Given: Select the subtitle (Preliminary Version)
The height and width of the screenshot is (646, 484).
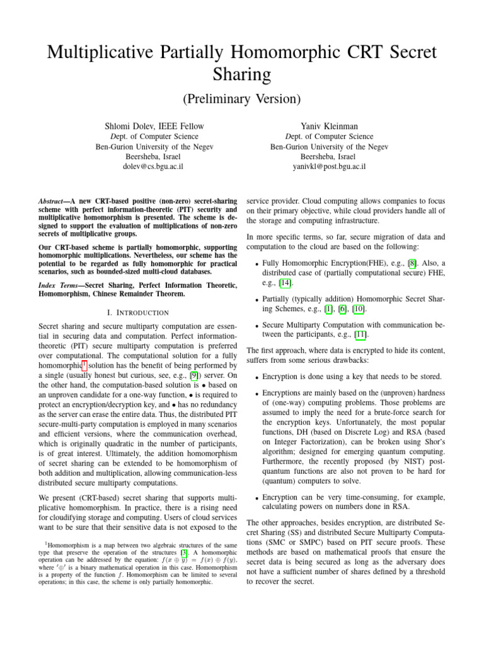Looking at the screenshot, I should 241,99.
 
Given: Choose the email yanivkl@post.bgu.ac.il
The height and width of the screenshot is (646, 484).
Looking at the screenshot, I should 321,167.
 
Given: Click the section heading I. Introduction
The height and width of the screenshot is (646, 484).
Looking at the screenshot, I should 134,312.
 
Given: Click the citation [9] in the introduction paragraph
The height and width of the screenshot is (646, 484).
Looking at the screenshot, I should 143,377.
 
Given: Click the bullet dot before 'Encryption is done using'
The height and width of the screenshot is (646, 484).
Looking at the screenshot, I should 253,377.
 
